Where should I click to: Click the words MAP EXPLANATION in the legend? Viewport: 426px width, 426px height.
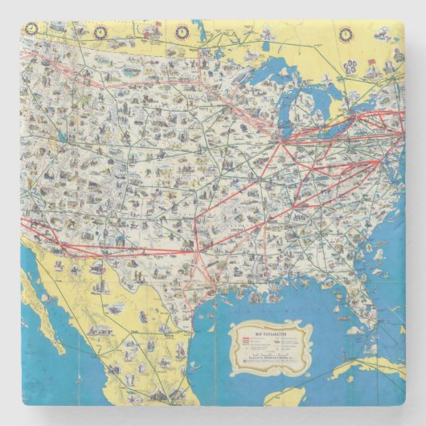(268, 330)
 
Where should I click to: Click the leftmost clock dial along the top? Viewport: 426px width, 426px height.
(31, 28)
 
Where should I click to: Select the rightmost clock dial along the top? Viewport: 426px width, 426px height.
(346, 34)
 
